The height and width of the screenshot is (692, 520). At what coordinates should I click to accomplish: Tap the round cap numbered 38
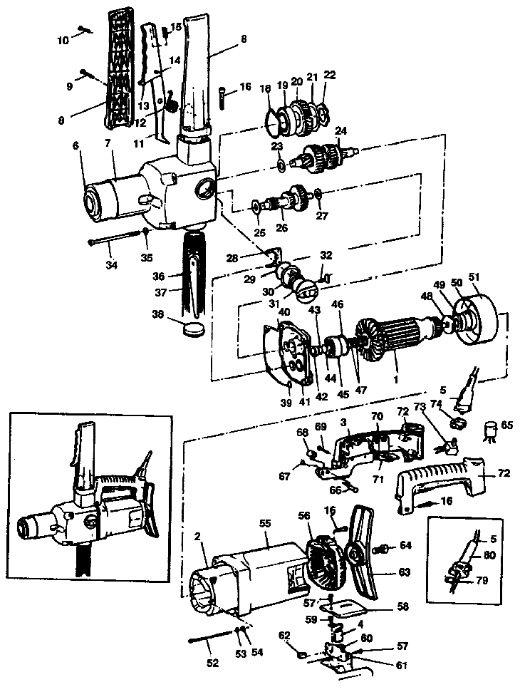pyautogui.click(x=192, y=329)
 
